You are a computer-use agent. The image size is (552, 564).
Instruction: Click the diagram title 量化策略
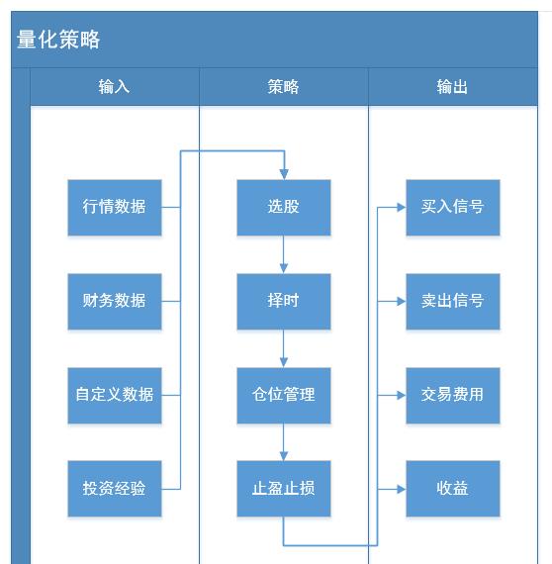58,40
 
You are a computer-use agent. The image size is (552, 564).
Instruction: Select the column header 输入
114,87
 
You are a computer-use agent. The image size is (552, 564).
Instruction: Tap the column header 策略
283,87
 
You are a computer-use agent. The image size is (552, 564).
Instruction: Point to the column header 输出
452,87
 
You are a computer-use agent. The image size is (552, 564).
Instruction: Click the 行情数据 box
114,207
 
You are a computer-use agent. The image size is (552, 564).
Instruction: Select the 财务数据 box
114,301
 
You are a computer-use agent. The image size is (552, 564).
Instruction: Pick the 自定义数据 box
114,395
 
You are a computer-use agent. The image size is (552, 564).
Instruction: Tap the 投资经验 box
114,489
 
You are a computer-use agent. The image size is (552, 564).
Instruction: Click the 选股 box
283,207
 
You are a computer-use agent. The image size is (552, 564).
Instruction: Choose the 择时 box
283,301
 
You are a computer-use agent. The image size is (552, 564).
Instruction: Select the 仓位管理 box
283,395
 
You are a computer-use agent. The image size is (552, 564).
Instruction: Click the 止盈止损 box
283,489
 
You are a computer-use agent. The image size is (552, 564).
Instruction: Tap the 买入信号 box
452,207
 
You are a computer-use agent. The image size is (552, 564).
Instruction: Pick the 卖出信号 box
452,301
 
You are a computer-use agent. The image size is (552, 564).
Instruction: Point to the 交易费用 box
452,395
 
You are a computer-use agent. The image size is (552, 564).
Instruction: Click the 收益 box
452,489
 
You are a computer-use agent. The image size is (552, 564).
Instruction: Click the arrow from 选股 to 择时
284,254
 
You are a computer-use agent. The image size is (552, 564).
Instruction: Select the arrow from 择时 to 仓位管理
284,348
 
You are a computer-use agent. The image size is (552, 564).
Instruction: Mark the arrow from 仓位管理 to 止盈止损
284,442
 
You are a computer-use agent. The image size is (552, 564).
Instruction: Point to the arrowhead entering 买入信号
401,208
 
